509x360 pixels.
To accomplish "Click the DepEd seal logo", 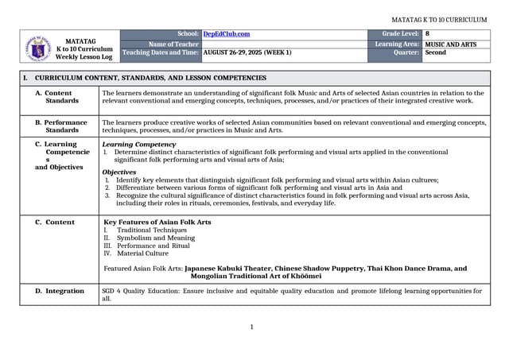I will [x=37, y=47].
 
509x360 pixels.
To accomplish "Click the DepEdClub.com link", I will [x=226, y=34].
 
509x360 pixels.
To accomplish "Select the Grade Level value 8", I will [x=427, y=34].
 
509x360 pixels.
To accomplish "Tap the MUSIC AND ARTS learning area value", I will [x=450, y=44].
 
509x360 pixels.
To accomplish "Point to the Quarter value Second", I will [x=435, y=52].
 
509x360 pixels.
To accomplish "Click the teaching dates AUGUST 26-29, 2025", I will [x=247, y=52].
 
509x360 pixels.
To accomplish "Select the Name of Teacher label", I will [x=173, y=44].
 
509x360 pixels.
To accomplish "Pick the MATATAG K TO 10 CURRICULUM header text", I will [x=439, y=20].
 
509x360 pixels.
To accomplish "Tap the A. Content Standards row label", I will [x=61, y=97].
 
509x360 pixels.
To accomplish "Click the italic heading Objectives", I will [x=119, y=172].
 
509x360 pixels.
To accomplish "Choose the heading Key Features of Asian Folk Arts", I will [x=157, y=222].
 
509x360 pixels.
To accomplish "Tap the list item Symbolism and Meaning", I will [x=155, y=238].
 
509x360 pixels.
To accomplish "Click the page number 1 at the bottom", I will [x=251, y=327].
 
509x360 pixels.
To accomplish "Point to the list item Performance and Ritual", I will [x=153, y=246].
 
